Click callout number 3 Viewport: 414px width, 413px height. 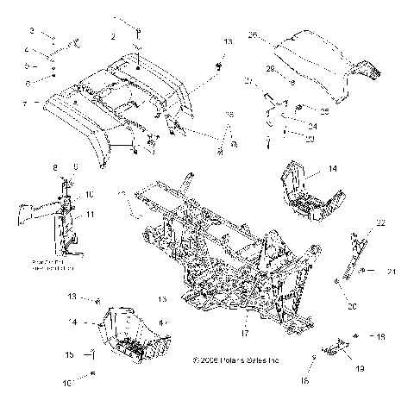32,30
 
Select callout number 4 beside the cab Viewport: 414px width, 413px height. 29,49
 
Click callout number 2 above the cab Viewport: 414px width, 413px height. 113,37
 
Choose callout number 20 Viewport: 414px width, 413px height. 351,305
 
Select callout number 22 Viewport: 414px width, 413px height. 378,222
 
